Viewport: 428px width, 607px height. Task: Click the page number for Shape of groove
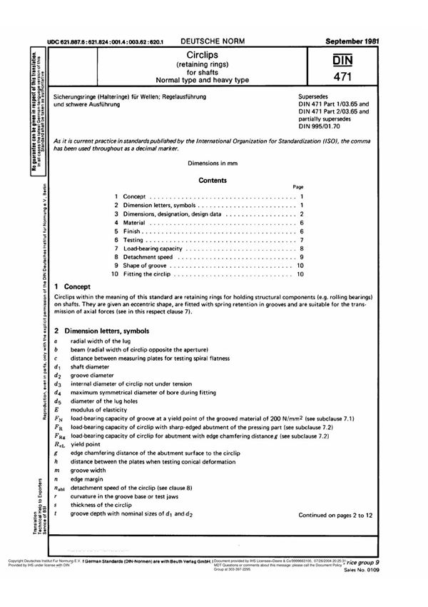click(x=300, y=266)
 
